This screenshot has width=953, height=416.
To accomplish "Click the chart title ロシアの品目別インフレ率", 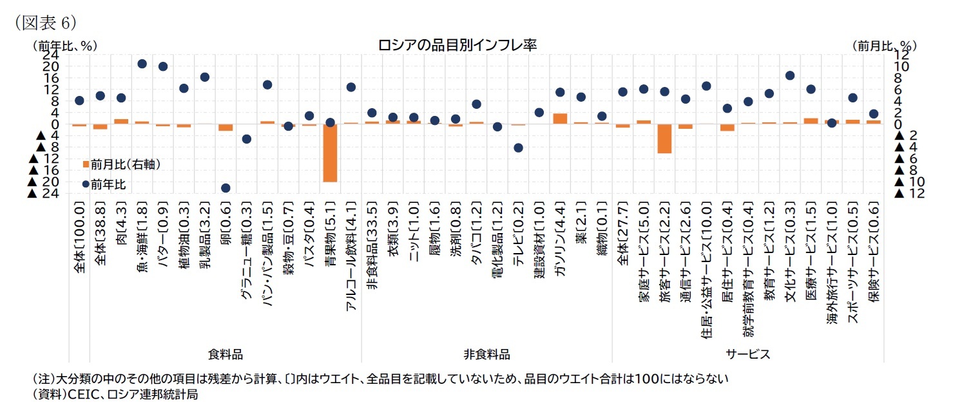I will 457,45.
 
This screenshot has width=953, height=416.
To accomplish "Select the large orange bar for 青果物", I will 330,153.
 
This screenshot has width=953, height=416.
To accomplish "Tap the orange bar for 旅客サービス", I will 664,138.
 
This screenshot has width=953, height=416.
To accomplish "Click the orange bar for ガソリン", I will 560,118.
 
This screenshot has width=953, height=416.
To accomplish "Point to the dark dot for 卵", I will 226,188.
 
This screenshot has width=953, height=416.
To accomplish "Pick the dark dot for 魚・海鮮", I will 142,64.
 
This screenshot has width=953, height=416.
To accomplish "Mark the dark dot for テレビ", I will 518,147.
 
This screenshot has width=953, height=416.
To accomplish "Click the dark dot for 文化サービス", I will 790,75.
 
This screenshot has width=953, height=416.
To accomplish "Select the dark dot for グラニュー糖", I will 246,138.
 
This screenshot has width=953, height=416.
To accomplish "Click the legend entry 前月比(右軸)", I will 122,165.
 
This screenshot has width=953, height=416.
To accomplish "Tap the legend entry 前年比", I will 107,184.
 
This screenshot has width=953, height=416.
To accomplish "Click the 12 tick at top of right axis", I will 902,55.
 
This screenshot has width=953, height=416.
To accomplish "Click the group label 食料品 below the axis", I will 226,354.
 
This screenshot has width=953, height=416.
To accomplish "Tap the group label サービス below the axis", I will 748,354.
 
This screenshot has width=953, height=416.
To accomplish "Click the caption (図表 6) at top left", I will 42,23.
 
